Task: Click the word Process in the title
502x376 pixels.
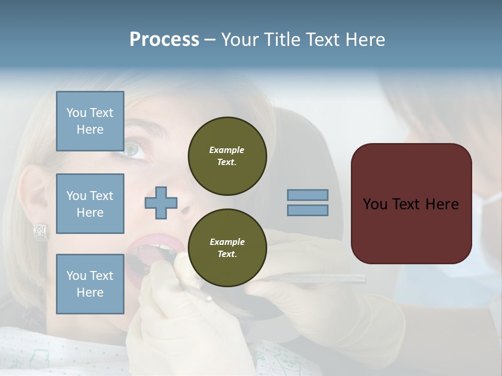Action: [164, 40]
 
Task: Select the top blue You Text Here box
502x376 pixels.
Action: [90, 121]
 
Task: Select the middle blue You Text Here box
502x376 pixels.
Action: [90, 204]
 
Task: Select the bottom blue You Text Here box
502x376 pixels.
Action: [90, 284]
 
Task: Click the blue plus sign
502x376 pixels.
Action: [161, 203]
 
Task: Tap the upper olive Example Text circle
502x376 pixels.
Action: [227, 156]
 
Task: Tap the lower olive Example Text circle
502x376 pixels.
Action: [227, 248]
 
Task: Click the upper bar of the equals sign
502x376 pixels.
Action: [307, 195]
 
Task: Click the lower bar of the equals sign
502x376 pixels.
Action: [307, 210]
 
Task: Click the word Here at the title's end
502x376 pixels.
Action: [364, 40]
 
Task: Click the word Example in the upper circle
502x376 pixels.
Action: [227, 150]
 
